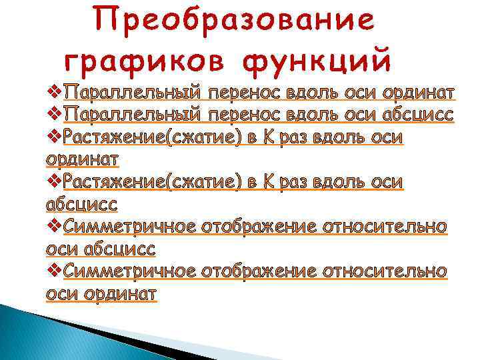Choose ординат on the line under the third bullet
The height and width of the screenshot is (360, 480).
coord(83,159)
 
